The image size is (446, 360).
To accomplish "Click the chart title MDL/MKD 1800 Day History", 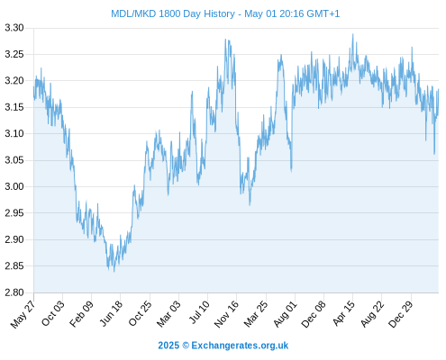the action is [x=173, y=13].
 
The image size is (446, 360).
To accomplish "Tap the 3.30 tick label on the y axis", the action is [x=14, y=28].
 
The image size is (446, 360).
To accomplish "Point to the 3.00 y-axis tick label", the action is [x=14, y=186].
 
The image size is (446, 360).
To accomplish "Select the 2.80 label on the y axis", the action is [x=14, y=292].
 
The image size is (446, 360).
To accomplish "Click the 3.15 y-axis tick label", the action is [x=14, y=107].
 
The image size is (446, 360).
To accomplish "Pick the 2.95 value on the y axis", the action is [x=14, y=213].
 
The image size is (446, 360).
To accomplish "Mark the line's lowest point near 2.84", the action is [x=114, y=272].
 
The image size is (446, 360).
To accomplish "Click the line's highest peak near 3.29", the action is [x=353, y=34].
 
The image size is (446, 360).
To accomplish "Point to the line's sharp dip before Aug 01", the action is [x=291, y=171].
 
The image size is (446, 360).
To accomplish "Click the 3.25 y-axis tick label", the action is [x=14, y=55].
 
